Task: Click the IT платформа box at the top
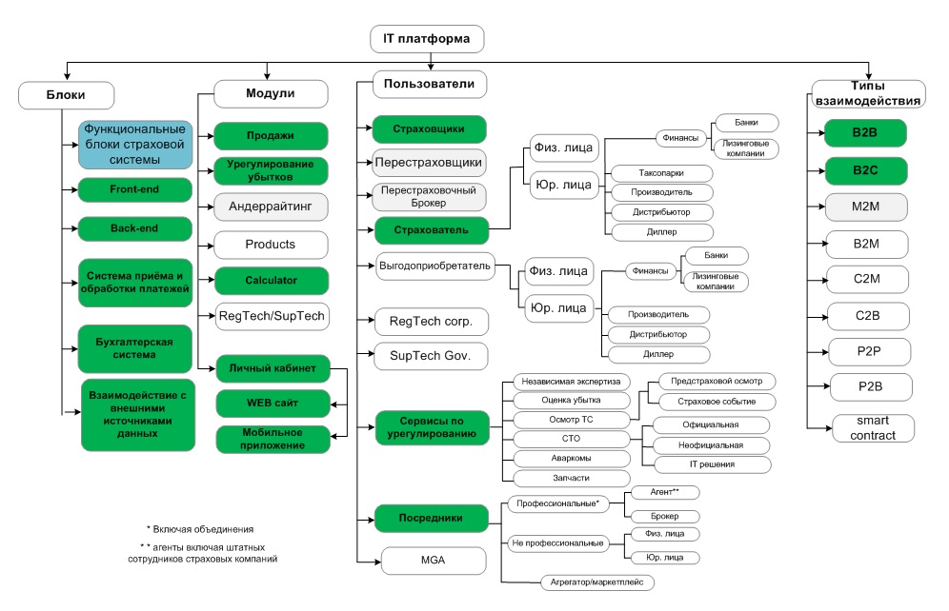click(x=427, y=39)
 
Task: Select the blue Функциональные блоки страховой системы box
click(x=135, y=145)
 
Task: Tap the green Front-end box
click(x=135, y=189)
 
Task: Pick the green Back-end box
click(x=135, y=228)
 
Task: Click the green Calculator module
click(x=272, y=281)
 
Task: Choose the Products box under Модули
click(x=271, y=245)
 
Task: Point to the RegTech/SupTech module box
click(x=272, y=316)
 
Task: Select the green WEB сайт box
click(x=273, y=404)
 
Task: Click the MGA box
click(x=434, y=561)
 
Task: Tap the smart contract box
click(x=873, y=428)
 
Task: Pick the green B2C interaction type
click(x=865, y=170)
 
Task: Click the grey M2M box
click(x=865, y=207)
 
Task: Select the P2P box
click(x=869, y=352)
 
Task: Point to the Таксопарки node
click(x=661, y=173)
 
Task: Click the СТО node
click(x=571, y=439)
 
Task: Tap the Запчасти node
click(x=571, y=478)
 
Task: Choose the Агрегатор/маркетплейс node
click(x=596, y=582)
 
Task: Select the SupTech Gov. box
click(x=431, y=356)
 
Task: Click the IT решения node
click(x=713, y=464)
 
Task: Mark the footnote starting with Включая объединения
click(x=200, y=529)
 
